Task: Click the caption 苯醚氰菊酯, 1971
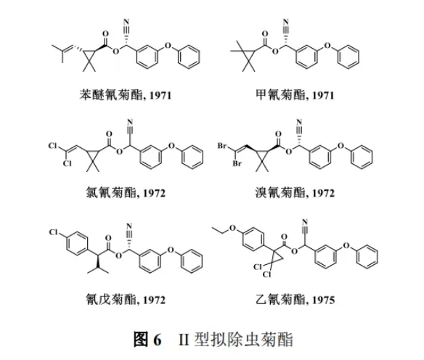(126, 95)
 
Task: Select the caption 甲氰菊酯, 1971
(295, 95)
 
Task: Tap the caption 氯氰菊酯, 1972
(126, 193)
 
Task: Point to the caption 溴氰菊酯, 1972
(295, 193)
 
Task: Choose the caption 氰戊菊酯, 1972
(126, 300)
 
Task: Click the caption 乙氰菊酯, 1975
(295, 300)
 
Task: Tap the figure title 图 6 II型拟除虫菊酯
(213, 339)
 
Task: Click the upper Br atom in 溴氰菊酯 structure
(222, 146)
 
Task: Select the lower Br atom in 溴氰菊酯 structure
(237, 163)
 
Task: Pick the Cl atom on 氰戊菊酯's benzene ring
(54, 232)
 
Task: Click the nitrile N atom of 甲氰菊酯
(285, 21)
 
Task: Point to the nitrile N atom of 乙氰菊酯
(305, 221)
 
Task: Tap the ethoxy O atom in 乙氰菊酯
(232, 229)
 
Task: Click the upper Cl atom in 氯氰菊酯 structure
(53, 146)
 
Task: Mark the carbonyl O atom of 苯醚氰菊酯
(105, 34)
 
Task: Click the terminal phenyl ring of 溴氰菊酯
(362, 157)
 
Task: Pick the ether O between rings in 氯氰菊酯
(171, 146)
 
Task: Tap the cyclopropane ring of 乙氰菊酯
(276, 257)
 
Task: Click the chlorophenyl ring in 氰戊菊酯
(77, 243)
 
